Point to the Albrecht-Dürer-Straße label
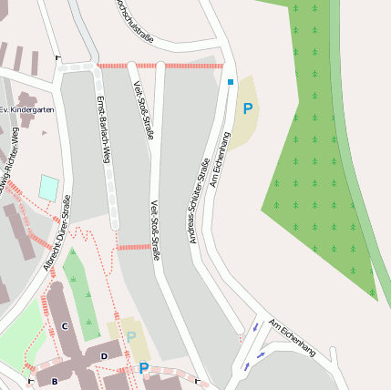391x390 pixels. coord(56,241)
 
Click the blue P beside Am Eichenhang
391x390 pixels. coord(247,109)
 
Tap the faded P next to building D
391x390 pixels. coord(131,337)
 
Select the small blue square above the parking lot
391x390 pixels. coord(231,83)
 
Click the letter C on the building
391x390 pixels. coord(64,325)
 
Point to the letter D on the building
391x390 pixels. coord(104,355)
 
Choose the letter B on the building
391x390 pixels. coord(55,381)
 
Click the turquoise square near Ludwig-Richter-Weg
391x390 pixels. coord(48,188)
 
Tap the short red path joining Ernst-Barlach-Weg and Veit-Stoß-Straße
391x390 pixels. coord(134,247)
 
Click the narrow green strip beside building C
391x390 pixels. coord(82,292)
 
